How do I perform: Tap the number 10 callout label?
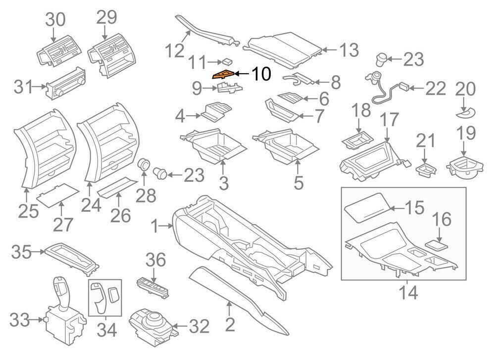point(261,74)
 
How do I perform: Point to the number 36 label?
point(155,260)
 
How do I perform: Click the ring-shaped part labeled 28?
point(144,164)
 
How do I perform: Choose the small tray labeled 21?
point(426,170)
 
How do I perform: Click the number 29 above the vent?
point(106,17)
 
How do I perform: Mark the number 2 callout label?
point(230,324)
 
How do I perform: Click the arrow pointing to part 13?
point(330,50)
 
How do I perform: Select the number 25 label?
point(28,211)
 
